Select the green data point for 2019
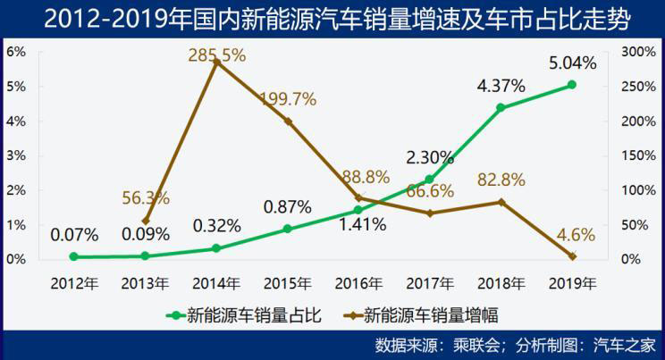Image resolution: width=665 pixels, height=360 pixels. click(572, 85)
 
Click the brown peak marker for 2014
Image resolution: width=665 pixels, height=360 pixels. click(216, 62)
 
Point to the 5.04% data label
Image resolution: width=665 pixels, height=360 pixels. click(572, 63)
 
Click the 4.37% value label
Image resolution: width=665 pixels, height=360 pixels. click(501, 87)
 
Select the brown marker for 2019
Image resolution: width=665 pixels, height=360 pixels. click(572, 256)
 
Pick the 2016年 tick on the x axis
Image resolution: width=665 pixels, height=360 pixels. click(358, 284)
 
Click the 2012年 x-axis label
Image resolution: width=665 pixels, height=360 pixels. click(74, 284)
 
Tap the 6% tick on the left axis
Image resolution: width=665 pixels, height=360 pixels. click(15, 52)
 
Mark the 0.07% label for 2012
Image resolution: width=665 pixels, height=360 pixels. click(74, 236)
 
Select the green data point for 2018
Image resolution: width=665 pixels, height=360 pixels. click(501, 108)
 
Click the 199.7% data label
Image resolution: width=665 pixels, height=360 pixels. click(288, 99)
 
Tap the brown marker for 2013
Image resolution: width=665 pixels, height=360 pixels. click(146, 221)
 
